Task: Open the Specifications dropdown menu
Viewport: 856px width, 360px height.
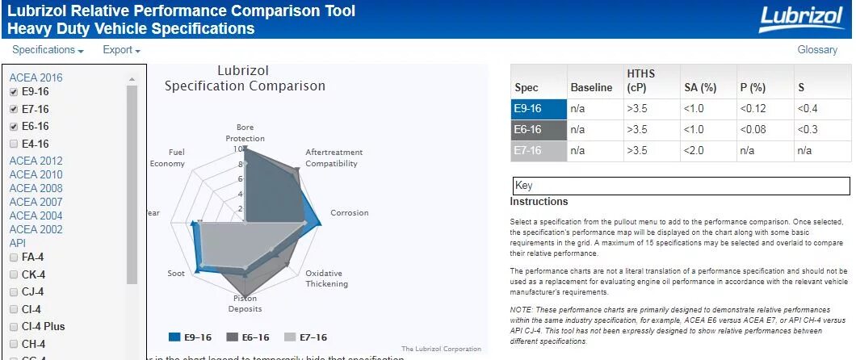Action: [x=48, y=50]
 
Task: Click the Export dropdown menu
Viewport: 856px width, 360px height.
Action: [x=121, y=50]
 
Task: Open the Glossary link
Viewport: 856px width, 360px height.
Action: [x=817, y=50]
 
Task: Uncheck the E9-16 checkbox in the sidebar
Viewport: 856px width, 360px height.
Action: [x=14, y=92]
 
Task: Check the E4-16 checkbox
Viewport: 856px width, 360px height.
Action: [x=14, y=144]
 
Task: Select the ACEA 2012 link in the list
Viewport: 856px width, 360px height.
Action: [x=36, y=161]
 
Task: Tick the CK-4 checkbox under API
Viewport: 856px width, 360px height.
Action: [x=14, y=274]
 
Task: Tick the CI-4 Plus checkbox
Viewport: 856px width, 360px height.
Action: [x=14, y=326]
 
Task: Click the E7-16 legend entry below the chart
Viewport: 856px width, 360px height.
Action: [x=306, y=337]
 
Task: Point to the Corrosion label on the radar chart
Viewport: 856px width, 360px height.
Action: [x=349, y=213]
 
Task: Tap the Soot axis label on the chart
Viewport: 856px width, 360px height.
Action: [x=175, y=274]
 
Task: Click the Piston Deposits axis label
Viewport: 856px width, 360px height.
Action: [x=245, y=303]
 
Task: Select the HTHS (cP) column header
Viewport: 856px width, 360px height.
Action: [x=641, y=80]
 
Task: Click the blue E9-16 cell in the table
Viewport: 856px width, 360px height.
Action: [x=536, y=109]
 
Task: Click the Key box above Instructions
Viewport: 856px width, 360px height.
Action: [x=681, y=186]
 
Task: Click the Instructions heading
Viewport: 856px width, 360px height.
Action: [x=539, y=202]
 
